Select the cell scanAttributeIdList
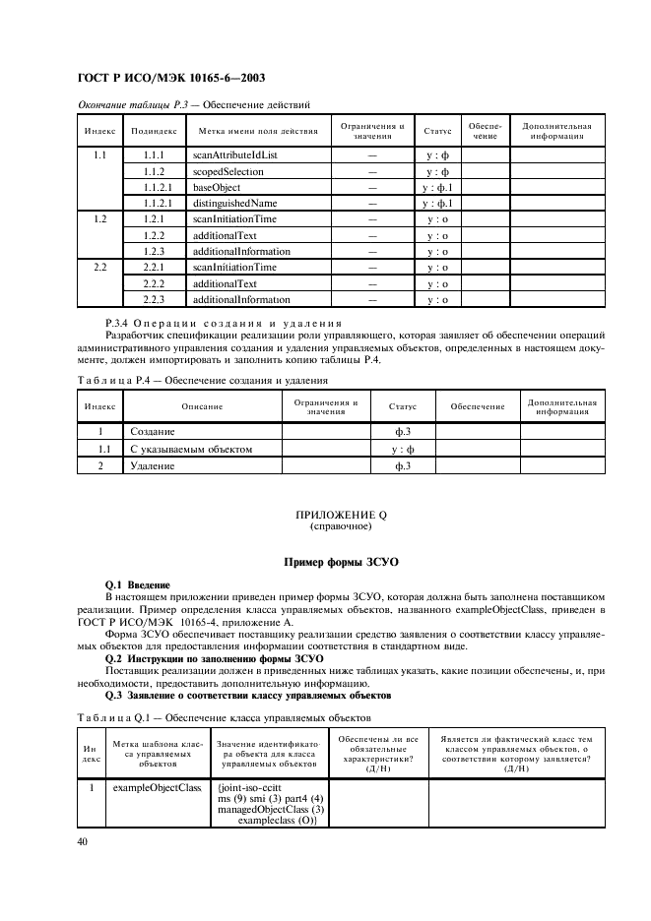pyautogui.click(x=234, y=155)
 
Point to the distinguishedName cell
pyautogui.click(x=234, y=203)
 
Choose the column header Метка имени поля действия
pyautogui.click(x=258, y=130)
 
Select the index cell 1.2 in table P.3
pyautogui.click(x=99, y=218)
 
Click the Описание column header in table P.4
pyautogui.click(x=201, y=406)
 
